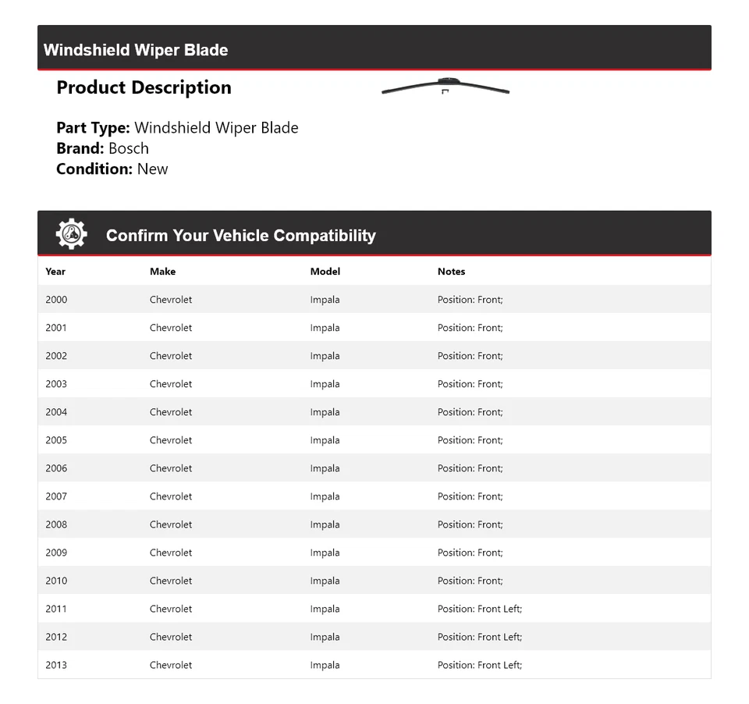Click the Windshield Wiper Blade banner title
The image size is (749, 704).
click(136, 50)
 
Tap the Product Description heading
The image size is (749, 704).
click(144, 87)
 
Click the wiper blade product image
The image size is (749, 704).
click(445, 87)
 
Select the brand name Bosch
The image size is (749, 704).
click(129, 148)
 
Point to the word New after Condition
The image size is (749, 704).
click(152, 169)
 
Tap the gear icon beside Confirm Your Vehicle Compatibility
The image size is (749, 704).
click(71, 234)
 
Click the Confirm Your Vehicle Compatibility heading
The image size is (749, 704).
click(240, 236)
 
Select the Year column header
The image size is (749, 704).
click(55, 272)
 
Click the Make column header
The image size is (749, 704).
click(162, 272)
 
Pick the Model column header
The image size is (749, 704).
click(325, 272)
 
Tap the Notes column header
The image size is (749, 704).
click(451, 272)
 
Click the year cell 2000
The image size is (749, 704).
click(56, 300)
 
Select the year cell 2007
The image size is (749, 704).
click(56, 496)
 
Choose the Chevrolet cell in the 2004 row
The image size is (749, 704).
click(171, 412)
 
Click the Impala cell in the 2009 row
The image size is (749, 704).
click(325, 553)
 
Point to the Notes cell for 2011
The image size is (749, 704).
click(479, 609)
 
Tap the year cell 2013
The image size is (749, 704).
click(56, 665)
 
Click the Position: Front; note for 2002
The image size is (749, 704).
click(470, 356)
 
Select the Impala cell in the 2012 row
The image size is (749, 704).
click(325, 637)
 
